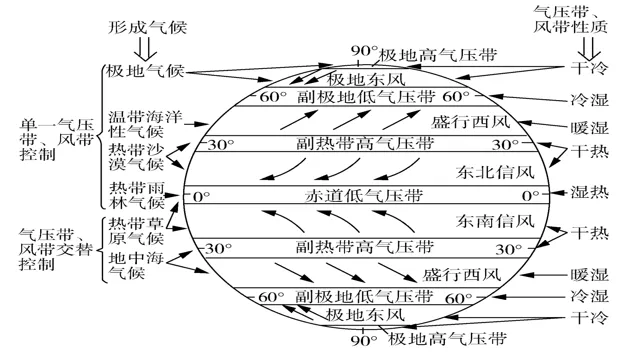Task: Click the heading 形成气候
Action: pyautogui.click(x=147, y=27)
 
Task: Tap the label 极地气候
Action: pyautogui.click(x=145, y=71)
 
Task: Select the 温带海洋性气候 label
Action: pyautogui.click(x=145, y=124)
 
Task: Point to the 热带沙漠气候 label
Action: pyautogui.click(x=136, y=157)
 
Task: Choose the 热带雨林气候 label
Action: pyautogui.click(x=137, y=195)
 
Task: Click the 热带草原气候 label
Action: pyautogui.click(x=136, y=231)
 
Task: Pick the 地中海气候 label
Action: pyautogui.click(x=136, y=265)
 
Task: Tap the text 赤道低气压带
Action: pyautogui.click(x=364, y=196)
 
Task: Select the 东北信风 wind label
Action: pyautogui.click(x=495, y=172)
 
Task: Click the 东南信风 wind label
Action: pyautogui.click(x=495, y=221)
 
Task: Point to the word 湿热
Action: pyautogui.click(x=589, y=192)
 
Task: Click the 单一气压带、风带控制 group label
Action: pyautogui.click(x=57, y=139)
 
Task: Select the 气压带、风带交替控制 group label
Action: pyautogui.click(x=56, y=249)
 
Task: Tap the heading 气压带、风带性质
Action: pyautogui.click(x=571, y=19)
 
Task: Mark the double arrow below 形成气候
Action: pyautogui.click(x=146, y=49)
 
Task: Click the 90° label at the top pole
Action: pyautogui.click(x=364, y=51)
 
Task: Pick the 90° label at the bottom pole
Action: pyautogui.click(x=364, y=340)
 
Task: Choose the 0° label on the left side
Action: pyautogui.click(x=201, y=197)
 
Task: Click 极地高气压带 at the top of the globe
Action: pyautogui.click(x=438, y=55)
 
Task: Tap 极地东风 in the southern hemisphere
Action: pyautogui.click(x=365, y=315)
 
